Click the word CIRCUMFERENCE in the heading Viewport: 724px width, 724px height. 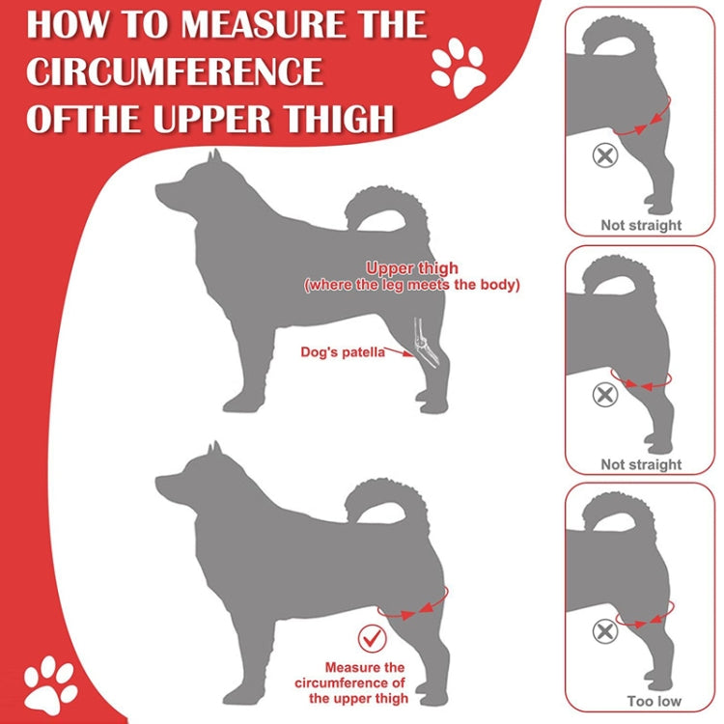click(175, 70)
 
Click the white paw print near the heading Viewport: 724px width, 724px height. click(458, 68)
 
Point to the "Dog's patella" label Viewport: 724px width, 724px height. click(343, 351)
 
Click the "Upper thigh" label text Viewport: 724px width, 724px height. click(412, 267)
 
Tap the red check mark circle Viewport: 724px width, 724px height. click(371, 638)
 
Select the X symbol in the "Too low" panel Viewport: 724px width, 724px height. click(604, 632)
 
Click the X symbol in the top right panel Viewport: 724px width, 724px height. click(604, 154)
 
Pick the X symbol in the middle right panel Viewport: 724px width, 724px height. click(604, 394)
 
